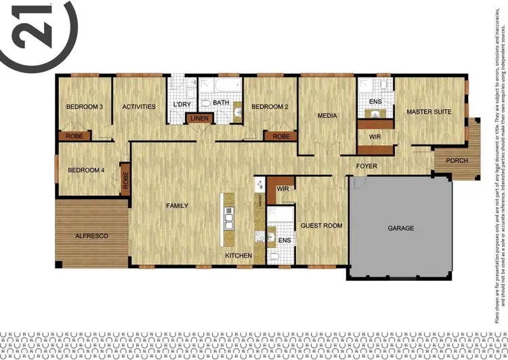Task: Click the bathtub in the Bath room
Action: tap(225, 85)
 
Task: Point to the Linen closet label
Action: tap(200, 119)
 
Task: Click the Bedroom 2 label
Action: tap(270, 107)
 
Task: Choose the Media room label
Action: tap(327, 116)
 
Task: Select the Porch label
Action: tap(457, 161)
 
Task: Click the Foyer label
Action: tap(367, 166)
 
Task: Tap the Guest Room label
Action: tap(322, 226)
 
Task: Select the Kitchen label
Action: tap(239, 256)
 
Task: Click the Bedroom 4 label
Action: tap(85, 170)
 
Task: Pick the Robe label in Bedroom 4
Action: tap(125, 180)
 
